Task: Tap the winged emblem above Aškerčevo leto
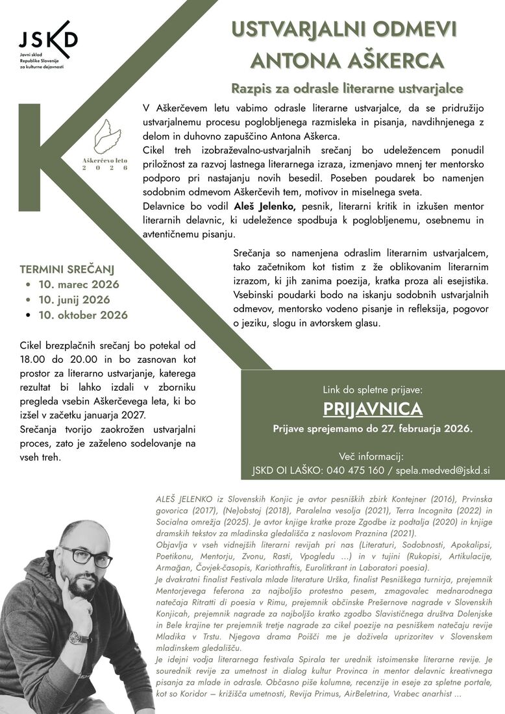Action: (x=107, y=136)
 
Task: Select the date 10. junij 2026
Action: (x=75, y=300)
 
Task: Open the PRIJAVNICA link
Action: (x=373, y=409)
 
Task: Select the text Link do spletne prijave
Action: (x=372, y=390)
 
